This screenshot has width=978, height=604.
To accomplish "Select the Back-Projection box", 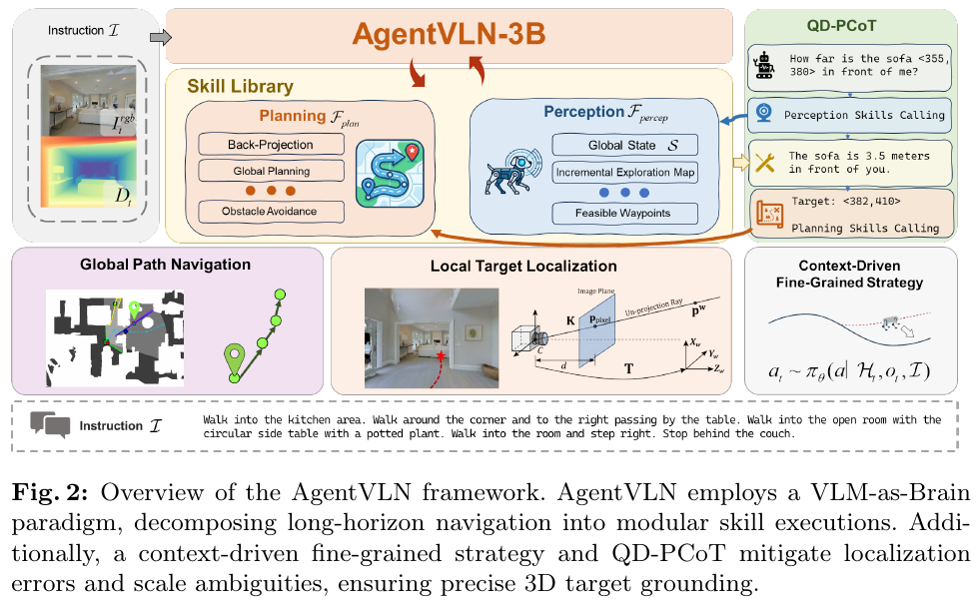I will [x=270, y=145].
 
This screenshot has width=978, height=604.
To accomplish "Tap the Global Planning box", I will [x=270, y=171].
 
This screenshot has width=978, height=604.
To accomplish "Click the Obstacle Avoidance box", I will [x=270, y=211].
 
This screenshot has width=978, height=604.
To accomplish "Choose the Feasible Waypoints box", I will [x=625, y=213].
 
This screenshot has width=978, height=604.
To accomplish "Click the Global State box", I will [x=625, y=145].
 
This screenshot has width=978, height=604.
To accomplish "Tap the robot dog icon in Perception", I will [x=513, y=166].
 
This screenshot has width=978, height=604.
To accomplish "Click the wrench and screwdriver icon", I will [x=766, y=164].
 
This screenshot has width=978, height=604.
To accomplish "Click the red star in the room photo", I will [x=441, y=356].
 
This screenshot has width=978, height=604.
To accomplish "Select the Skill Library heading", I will [x=240, y=87].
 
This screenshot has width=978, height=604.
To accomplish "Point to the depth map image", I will [x=85, y=176].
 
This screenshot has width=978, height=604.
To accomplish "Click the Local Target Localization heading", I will [x=522, y=267].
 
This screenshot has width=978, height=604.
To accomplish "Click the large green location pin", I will [x=235, y=360].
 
